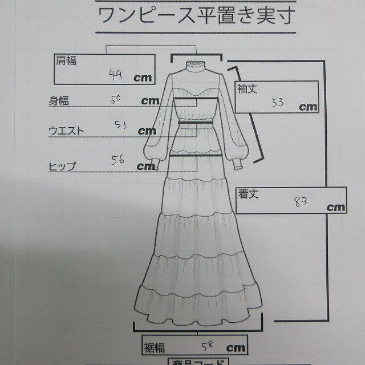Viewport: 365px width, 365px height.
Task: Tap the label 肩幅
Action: click(66, 60)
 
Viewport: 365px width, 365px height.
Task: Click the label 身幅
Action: click(60, 102)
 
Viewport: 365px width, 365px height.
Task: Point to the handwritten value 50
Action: click(116, 99)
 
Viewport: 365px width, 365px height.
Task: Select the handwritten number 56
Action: click(118, 161)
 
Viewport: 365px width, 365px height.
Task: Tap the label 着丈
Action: click(247, 194)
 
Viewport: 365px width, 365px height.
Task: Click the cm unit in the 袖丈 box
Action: click(309, 106)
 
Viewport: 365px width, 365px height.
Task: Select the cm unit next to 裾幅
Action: click(236, 347)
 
